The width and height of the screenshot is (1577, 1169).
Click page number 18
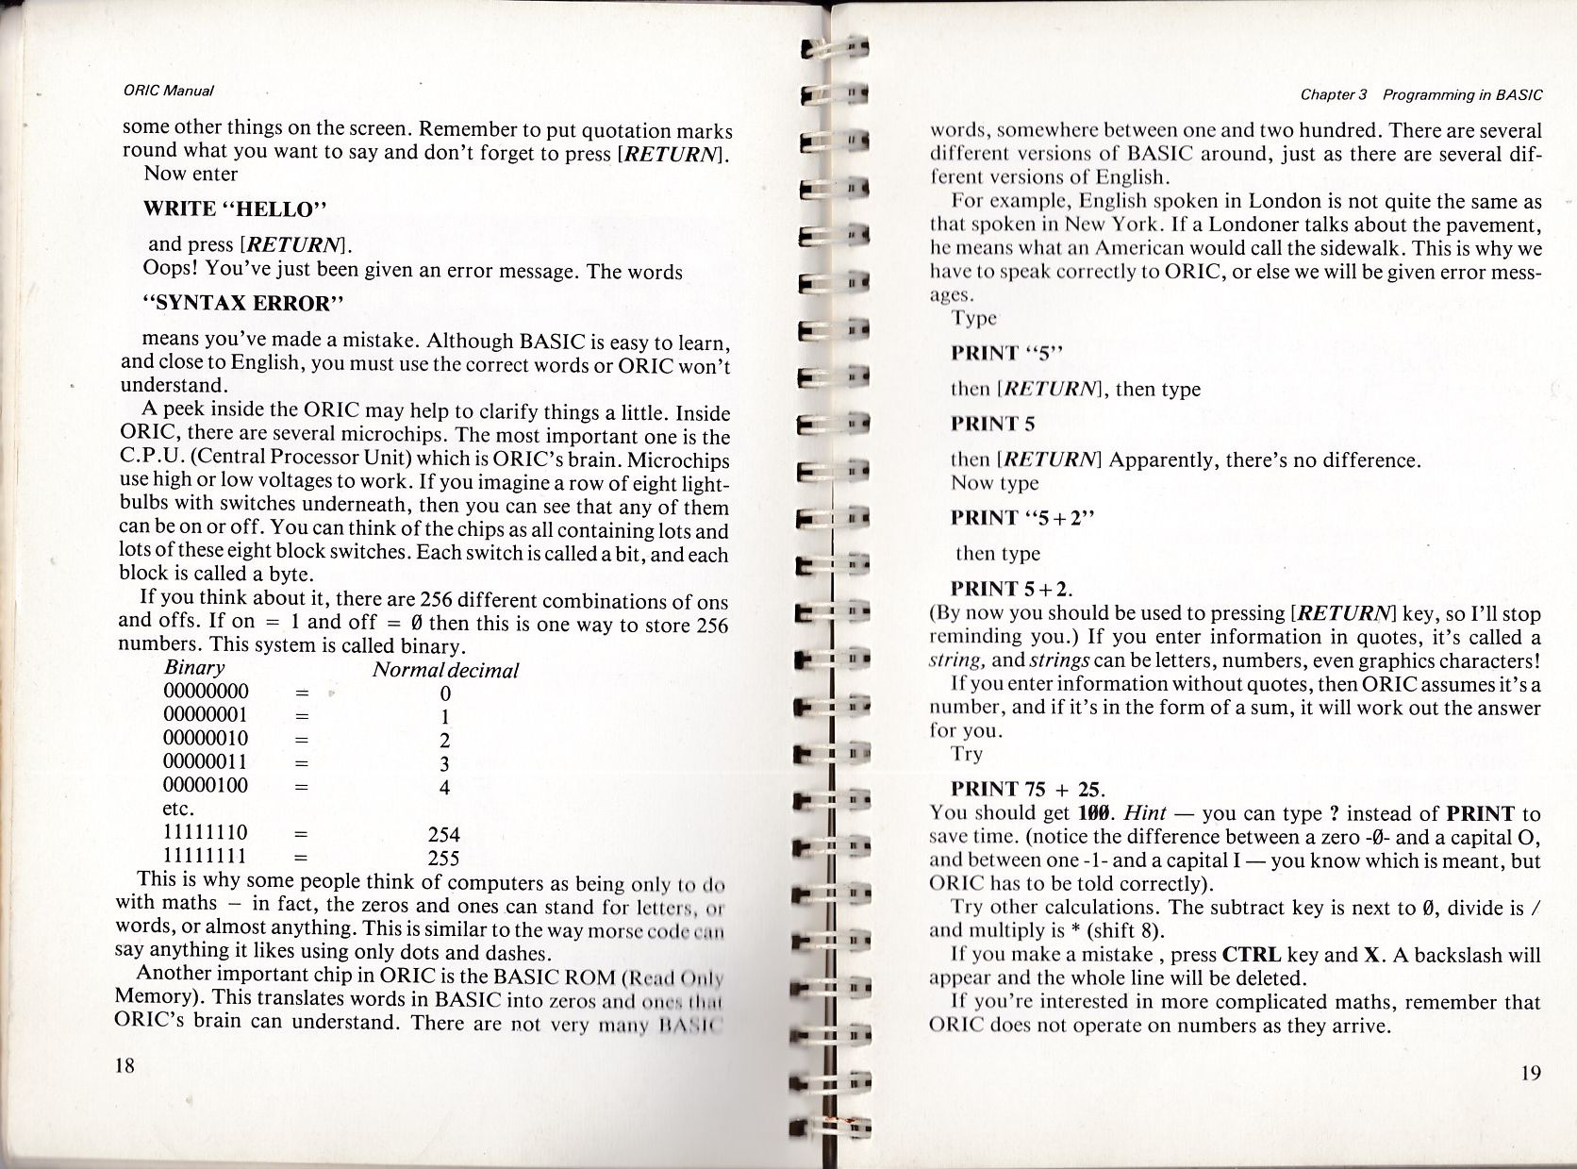click(x=124, y=1066)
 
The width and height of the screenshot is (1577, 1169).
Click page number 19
click(x=1530, y=1073)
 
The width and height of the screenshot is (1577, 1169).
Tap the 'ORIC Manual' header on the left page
click(x=169, y=92)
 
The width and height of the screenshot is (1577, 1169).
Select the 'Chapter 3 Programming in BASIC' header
click(x=1421, y=94)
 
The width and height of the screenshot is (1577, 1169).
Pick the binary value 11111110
click(x=206, y=833)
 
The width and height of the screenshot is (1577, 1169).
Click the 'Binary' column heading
click(x=194, y=668)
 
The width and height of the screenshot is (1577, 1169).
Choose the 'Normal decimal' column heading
click(x=445, y=670)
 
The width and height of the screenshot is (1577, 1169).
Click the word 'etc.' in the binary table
click(x=179, y=810)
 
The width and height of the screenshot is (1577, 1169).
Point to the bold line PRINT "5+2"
click(x=1023, y=518)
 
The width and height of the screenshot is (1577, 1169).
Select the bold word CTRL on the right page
click(x=1250, y=954)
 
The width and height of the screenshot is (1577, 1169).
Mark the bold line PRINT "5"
click(x=1006, y=354)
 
